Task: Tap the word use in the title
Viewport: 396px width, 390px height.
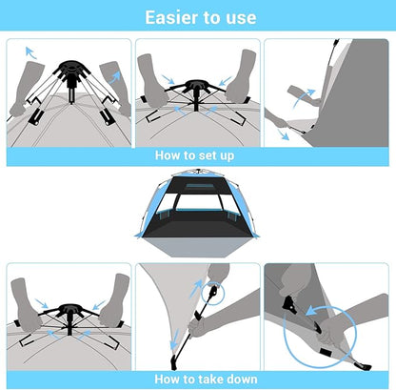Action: click(242, 18)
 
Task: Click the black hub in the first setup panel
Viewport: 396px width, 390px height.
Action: click(71, 65)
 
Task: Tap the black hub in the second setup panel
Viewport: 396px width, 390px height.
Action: click(196, 85)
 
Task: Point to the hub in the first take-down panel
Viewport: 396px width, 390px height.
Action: click(69, 309)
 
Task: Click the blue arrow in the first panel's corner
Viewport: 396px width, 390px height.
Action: click(30, 52)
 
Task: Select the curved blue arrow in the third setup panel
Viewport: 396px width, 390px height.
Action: click(303, 97)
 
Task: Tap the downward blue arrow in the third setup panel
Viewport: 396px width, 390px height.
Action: click(283, 134)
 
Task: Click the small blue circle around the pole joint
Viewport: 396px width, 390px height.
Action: click(212, 293)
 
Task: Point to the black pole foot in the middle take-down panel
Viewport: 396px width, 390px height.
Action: click(173, 361)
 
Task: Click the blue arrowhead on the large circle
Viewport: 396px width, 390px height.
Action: click(311, 311)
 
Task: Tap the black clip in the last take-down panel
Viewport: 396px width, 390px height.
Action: click(289, 305)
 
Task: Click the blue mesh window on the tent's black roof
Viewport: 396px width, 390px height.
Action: click(198, 186)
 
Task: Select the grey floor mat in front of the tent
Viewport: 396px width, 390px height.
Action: click(198, 247)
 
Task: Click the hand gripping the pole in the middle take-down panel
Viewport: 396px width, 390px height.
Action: click(198, 326)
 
